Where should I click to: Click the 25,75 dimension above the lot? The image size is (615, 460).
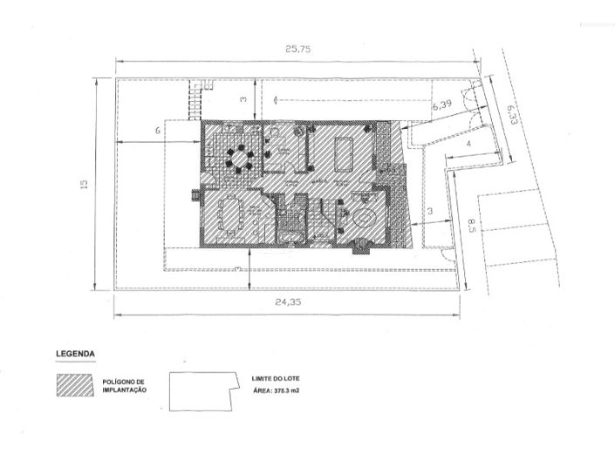click(298, 50)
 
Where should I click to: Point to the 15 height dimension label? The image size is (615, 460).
click(84, 184)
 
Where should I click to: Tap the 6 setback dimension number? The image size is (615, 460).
click(158, 131)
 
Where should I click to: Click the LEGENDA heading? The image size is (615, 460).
click(75, 354)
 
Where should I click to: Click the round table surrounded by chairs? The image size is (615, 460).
click(237, 157)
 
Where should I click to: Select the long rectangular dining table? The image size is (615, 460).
click(229, 214)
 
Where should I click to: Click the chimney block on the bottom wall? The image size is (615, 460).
click(359, 247)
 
